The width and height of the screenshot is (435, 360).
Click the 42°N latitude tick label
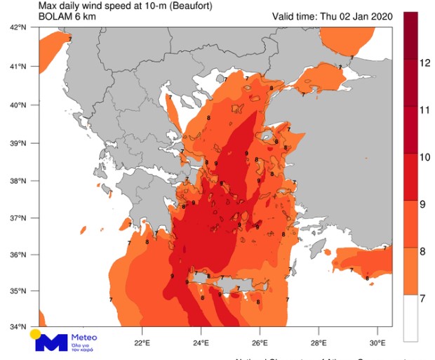[18, 27]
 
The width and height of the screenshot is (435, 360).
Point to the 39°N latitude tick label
[18, 143]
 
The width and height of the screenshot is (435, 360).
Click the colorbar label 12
[424, 62]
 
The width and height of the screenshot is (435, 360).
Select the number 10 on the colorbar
[424, 157]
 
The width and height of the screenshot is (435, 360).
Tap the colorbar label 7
[424, 300]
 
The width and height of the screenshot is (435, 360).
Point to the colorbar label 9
[424, 205]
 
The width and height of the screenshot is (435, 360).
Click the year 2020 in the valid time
[378, 16]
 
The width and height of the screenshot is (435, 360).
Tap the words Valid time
[293, 16]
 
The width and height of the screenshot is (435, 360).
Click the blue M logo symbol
[52, 342]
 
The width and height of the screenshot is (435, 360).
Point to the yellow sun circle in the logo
[34, 333]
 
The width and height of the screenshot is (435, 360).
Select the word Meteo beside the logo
[84, 338]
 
